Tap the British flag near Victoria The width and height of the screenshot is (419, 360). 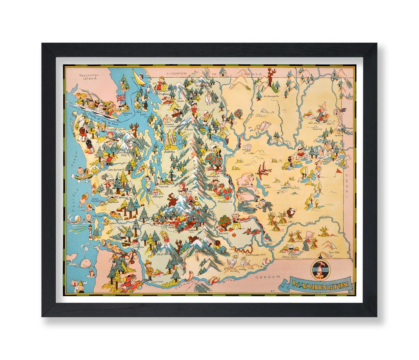point(121,97)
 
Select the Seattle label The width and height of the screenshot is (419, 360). point(169,152)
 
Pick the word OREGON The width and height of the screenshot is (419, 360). point(267,276)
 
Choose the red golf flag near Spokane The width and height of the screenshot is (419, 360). point(339,170)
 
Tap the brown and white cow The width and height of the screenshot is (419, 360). point(291,212)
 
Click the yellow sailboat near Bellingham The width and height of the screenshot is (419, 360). point(139,77)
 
